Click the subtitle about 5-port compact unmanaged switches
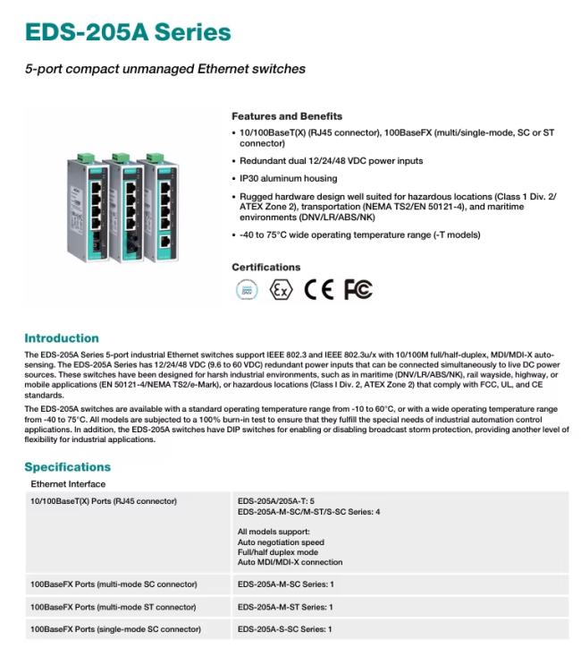tap(164, 69)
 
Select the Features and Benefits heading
tap(286, 116)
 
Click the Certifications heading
tap(265, 267)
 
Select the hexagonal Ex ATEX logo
tap(281, 290)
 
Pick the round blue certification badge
tap(246, 290)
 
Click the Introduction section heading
tap(62, 338)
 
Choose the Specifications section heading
tap(68, 466)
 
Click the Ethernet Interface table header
tap(68, 483)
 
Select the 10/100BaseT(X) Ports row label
tap(104, 501)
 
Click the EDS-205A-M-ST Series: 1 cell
tap(285, 607)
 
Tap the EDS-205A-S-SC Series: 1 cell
tap(285, 629)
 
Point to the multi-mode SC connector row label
tap(114, 584)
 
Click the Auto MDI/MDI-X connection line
tap(290, 563)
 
